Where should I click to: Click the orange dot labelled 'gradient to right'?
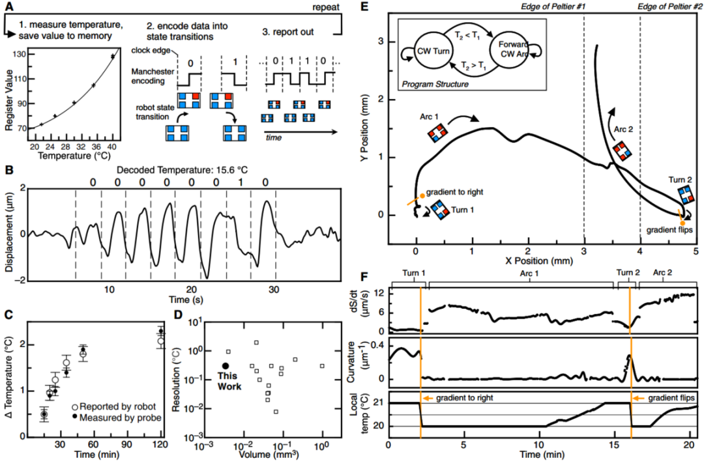[x=422, y=195]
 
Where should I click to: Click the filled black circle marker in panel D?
[x=226, y=366]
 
